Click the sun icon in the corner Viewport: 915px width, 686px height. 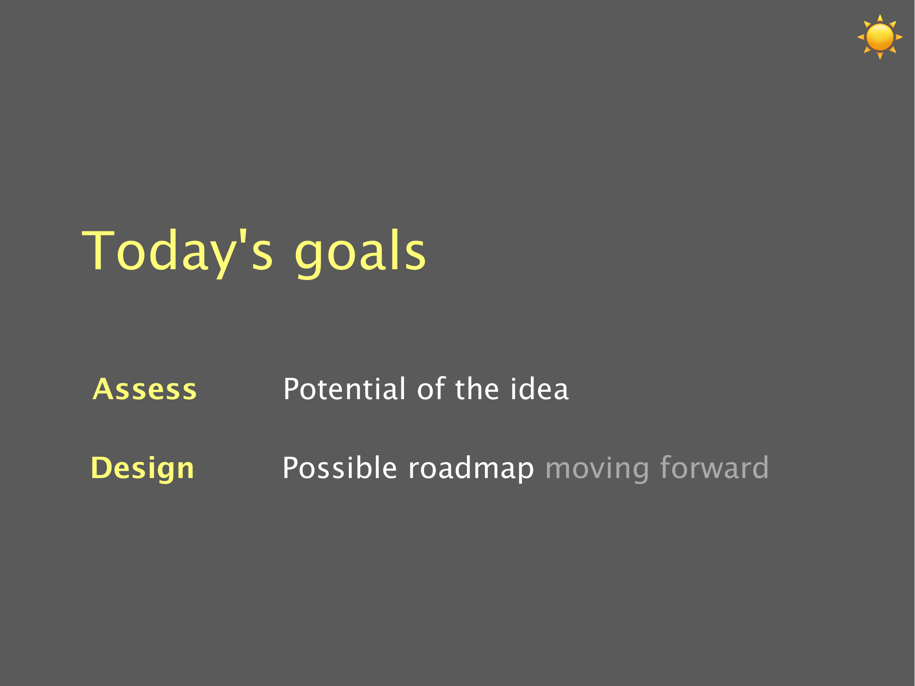tap(880, 37)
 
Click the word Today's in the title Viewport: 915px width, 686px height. tap(178, 252)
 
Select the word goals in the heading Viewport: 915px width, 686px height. tap(361, 253)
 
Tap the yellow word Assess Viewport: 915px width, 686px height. tap(145, 389)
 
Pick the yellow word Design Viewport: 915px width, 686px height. tap(142, 469)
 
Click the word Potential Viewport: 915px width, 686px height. tap(344, 389)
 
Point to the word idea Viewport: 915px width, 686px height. tap(539, 389)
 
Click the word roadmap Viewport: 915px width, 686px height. tap(471, 469)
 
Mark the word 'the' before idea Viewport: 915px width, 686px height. tap(477, 389)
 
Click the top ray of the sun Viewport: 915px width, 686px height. tap(880, 18)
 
